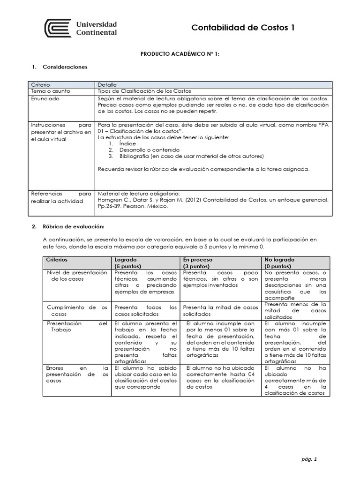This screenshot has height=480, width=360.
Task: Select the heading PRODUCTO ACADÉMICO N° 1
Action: click(180, 54)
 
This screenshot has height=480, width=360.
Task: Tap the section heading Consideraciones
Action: click(65, 67)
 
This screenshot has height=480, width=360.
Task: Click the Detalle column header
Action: click(107, 84)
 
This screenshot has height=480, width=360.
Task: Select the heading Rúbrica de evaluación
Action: click(74, 227)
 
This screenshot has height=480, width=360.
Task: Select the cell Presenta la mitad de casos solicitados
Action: click(220, 310)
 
